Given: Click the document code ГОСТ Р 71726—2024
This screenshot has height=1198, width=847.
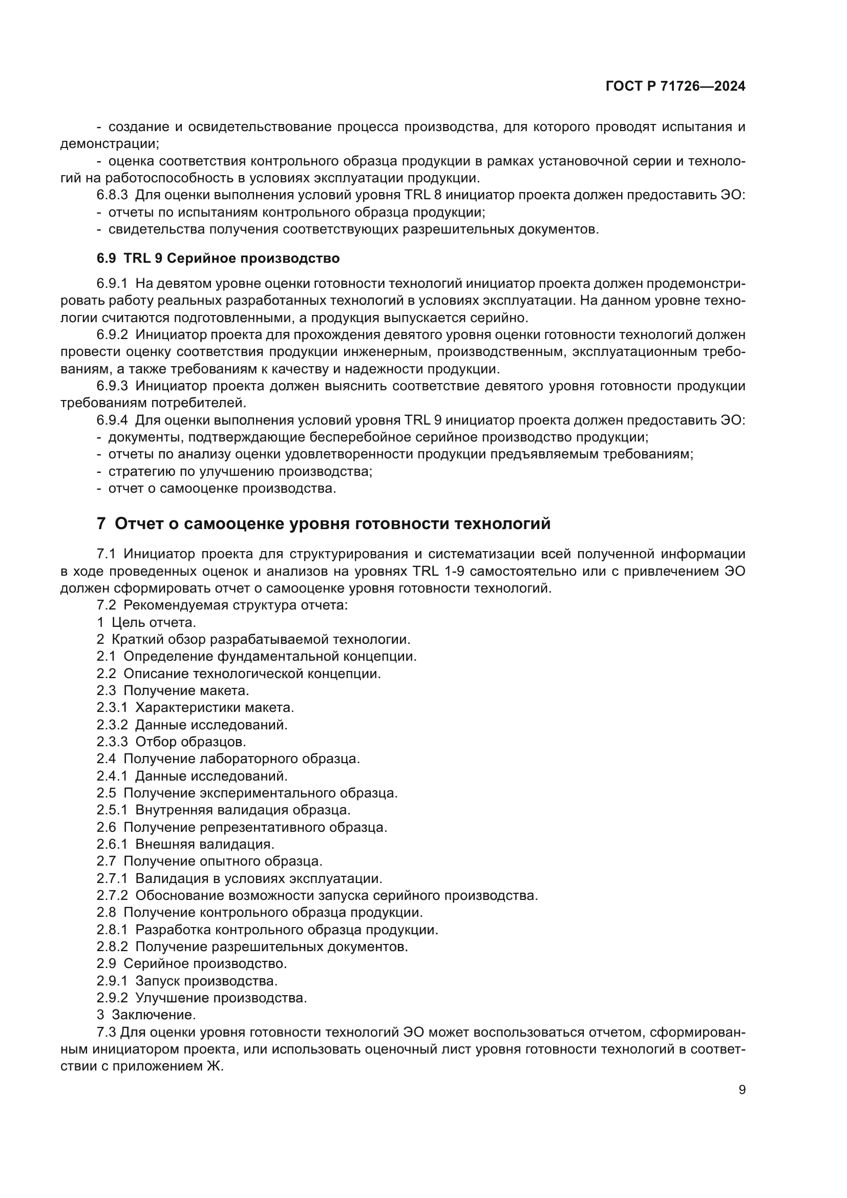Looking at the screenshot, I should (675, 87).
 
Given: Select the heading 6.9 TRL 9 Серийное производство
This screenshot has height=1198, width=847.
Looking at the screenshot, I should (218, 258).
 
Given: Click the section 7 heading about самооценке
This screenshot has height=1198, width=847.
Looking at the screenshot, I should (323, 523).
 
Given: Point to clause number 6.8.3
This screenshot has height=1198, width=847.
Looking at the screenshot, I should (112, 195).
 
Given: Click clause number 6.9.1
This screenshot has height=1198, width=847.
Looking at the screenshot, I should (112, 283).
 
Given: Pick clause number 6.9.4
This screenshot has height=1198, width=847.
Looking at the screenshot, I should (112, 420).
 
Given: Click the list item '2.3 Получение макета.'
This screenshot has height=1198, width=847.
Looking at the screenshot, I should (173, 691).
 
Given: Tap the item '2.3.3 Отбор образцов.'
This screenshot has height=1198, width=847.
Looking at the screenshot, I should (171, 742).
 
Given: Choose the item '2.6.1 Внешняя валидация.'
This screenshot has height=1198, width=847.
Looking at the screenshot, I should (185, 844).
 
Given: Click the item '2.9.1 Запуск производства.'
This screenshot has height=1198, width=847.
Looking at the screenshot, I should (187, 981).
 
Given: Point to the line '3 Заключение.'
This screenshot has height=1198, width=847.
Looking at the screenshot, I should (146, 1015).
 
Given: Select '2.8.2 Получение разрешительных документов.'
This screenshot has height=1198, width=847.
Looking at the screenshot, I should (252, 947).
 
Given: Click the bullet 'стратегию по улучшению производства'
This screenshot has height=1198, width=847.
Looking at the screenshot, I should (240, 472).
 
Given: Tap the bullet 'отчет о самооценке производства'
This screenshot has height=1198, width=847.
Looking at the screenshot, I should (222, 489).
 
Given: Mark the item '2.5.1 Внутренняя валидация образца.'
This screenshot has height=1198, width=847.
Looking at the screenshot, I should (223, 810).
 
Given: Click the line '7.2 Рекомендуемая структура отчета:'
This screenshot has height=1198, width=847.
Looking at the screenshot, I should (222, 605).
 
